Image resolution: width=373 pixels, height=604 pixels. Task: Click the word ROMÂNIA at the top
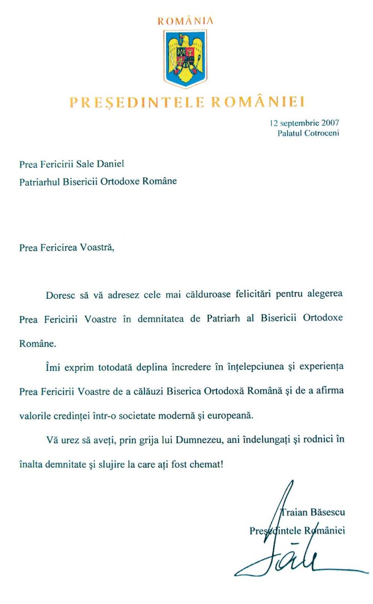coord(185,21)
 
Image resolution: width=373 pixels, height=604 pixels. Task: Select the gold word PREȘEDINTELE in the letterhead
coord(137,101)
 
